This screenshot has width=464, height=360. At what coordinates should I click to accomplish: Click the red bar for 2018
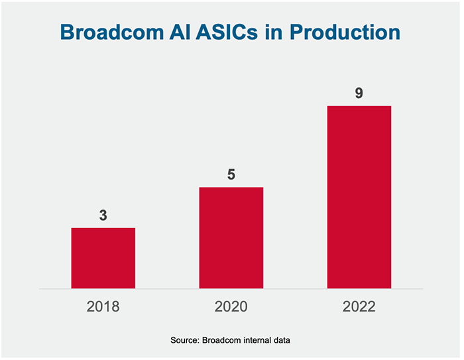point(103,259)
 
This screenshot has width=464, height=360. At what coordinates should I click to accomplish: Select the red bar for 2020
point(231,238)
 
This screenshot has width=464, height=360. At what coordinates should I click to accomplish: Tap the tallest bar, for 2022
point(359,198)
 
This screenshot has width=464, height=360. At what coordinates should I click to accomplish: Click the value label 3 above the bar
point(103,215)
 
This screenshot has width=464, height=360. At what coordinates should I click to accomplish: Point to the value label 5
point(231,175)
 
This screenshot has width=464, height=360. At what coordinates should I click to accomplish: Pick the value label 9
point(359,93)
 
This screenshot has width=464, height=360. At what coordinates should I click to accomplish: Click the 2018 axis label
point(103,308)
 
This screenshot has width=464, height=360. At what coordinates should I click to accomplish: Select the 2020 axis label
point(231,308)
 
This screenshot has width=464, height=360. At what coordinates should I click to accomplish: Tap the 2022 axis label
point(359,308)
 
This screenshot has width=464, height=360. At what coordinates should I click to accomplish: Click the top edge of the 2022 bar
point(359,107)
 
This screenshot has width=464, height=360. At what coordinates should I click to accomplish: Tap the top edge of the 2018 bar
point(103,229)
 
